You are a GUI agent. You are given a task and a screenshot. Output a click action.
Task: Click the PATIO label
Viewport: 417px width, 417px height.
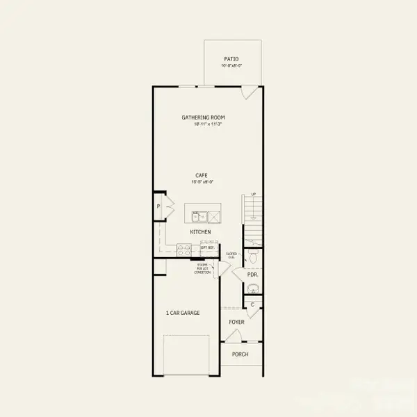(231, 59)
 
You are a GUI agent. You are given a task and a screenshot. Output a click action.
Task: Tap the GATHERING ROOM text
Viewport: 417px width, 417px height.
(204, 117)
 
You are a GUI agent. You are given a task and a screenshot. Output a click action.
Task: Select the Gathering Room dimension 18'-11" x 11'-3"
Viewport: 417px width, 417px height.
(204, 124)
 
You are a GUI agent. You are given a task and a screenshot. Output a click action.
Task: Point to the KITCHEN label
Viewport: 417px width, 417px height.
(201, 231)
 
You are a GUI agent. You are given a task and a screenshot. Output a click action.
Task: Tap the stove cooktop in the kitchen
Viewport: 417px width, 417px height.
(184, 247)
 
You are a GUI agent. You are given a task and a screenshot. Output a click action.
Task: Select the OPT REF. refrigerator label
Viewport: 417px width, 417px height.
(206, 247)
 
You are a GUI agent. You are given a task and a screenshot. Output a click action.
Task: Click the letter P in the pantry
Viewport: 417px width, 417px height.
(158, 206)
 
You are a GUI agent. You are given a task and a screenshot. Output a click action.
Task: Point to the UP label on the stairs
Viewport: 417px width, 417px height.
(253, 195)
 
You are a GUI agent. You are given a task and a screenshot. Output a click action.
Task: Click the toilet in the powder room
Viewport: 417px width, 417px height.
(253, 257)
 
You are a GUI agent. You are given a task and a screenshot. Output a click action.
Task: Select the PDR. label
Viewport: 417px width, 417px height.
(253, 275)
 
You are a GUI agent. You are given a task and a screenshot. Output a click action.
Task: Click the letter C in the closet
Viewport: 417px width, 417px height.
(253, 304)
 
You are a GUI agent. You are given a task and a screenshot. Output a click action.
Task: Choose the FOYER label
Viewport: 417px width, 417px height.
(237, 322)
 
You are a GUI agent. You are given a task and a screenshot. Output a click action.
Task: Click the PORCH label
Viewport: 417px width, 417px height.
(240, 354)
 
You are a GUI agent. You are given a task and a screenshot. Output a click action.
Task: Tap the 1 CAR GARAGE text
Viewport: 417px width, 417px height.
(183, 313)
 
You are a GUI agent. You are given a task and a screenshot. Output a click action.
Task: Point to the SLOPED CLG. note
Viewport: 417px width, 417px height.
(231, 255)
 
